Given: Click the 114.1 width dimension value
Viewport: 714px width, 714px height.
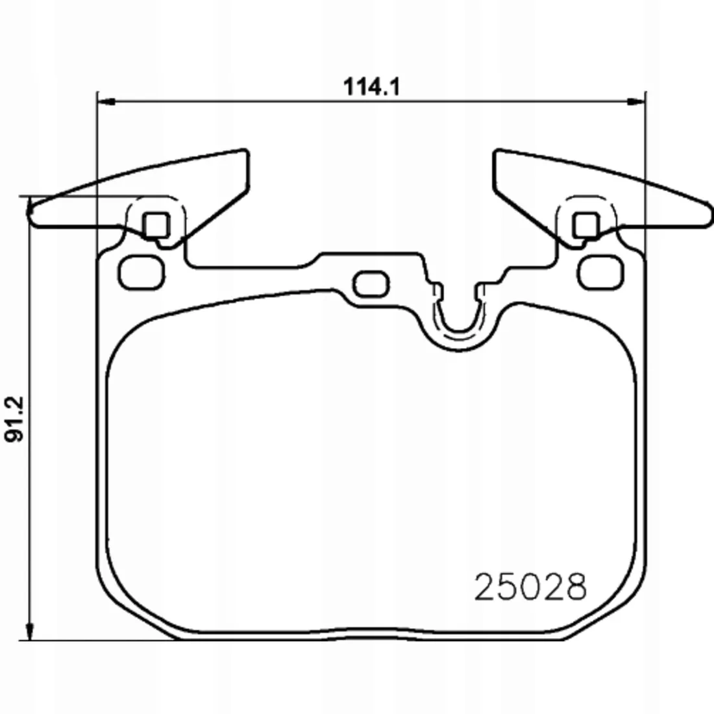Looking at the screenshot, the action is (371, 86).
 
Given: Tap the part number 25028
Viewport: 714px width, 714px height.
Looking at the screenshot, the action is (530, 587).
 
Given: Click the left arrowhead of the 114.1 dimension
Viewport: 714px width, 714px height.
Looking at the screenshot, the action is (106, 102).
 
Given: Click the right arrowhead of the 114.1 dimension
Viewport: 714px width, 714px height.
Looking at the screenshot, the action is (637, 102).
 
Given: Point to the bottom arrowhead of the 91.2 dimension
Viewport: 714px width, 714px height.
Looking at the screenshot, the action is (29, 632).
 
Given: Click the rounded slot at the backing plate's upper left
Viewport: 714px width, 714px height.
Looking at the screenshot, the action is (141, 273).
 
